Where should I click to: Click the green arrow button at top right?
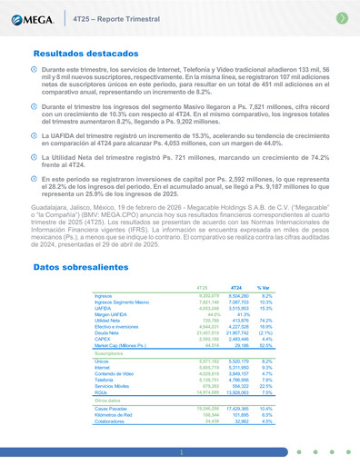pos(342,17)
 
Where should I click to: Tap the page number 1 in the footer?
pos(180,451)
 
